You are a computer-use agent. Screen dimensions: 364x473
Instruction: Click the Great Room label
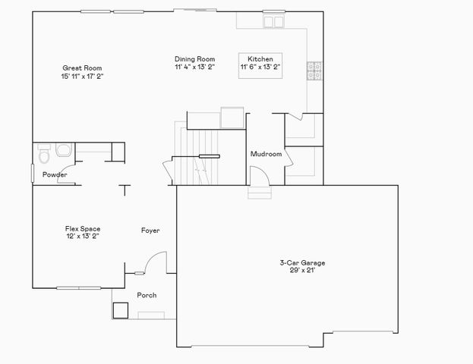tap(81, 67)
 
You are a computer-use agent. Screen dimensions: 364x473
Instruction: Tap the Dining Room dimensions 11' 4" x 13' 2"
tap(195, 67)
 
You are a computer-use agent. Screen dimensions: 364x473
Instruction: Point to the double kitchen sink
tap(274, 22)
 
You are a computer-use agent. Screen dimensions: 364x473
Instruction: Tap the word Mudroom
tap(266, 154)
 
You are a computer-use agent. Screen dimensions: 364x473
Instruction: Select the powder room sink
tap(62, 149)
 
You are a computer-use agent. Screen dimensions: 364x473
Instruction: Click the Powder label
tap(55, 175)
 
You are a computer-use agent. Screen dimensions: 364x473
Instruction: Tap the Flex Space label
tap(82, 228)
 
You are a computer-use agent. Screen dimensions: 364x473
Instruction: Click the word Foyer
tap(150, 230)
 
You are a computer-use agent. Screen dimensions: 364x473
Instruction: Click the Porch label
tap(147, 295)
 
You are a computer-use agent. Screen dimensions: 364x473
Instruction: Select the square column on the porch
tap(120, 309)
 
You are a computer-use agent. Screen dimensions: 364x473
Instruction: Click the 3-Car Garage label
tap(302, 262)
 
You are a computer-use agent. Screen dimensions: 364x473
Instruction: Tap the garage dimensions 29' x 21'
tap(302, 270)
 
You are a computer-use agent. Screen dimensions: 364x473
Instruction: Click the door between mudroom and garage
tap(260, 176)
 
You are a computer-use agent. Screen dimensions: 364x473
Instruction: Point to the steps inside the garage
tap(258, 193)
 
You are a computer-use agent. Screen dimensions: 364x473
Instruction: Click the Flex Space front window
tap(80, 287)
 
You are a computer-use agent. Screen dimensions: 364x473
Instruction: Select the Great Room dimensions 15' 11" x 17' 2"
tap(81, 76)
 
